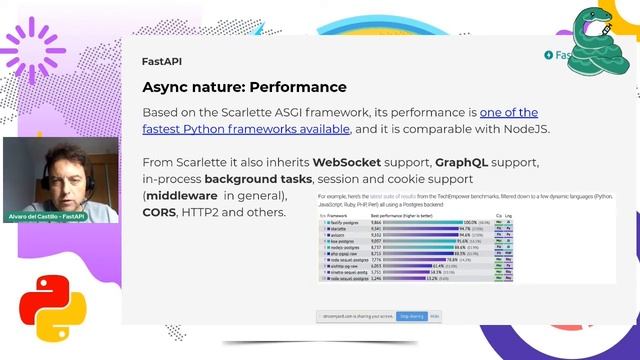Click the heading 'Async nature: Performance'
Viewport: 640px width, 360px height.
tap(244, 87)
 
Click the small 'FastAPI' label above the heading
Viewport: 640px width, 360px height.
tap(161, 61)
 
